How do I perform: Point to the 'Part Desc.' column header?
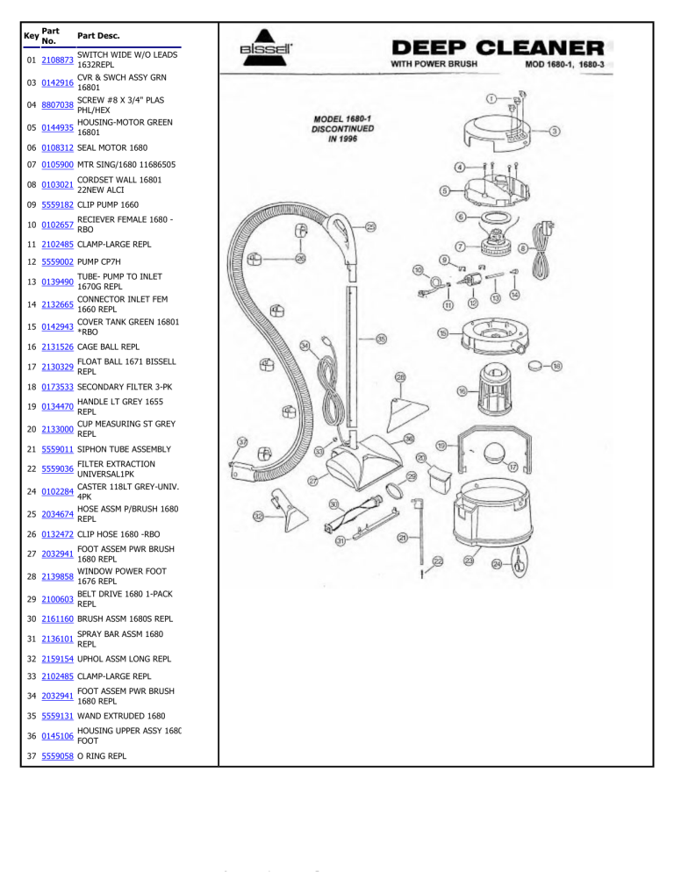[99, 36]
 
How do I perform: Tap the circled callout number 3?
[556, 132]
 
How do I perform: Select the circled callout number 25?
[370, 227]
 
